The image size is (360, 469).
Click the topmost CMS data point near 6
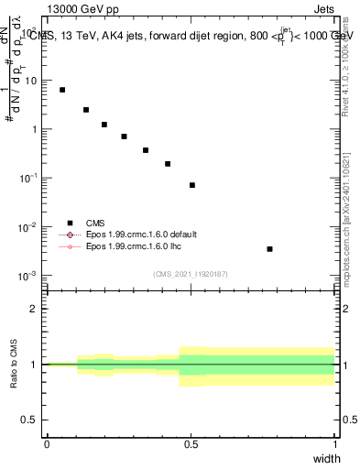pyautogui.click(x=62, y=90)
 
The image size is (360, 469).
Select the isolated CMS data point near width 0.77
pyautogui.click(x=269, y=248)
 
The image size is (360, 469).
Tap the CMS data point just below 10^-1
pyautogui.click(x=192, y=185)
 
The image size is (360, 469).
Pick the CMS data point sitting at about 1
pyautogui.click(x=104, y=125)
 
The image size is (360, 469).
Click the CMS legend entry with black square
pyautogui.click(x=95, y=223)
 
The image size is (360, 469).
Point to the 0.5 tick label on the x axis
pyautogui.click(x=191, y=444)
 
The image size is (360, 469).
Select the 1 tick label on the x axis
pyautogui.click(x=334, y=444)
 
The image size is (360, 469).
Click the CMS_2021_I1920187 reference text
pyautogui.click(x=191, y=274)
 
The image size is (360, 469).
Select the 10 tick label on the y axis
pyautogui.click(x=31, y=81)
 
